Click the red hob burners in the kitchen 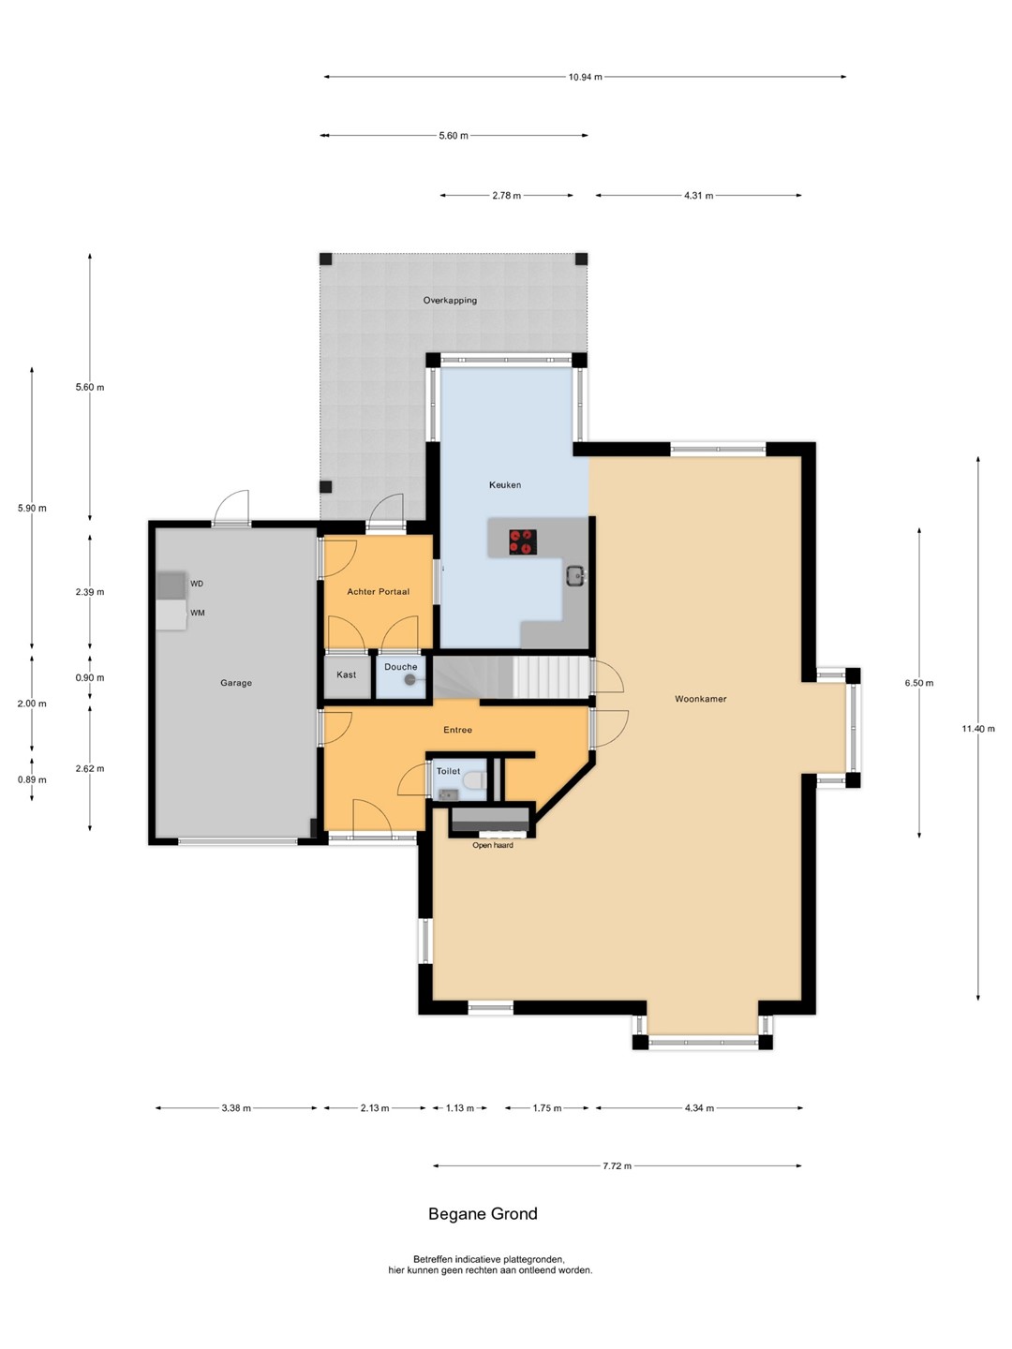pos(522,542)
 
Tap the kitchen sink pos(575,575)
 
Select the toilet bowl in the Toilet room pos(475,780)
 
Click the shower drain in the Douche pos(409,680)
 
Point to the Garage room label pos(236,683)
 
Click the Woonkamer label pos(701,699)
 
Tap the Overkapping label pos(450,301)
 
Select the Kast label pos(346,674)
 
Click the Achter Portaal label pos(378,592)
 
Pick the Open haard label pos(493,845)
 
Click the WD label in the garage pos(197,584)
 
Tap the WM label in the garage pos(197,613)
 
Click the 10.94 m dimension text pos(585,77)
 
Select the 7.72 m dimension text pos(617,1166)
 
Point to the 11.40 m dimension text pos(978,729)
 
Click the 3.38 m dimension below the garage pos(236,1108)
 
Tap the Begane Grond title pos(483,1214)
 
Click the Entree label pos(458,730)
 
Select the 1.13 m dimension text pos(459,1108)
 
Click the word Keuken pos(505,485)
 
